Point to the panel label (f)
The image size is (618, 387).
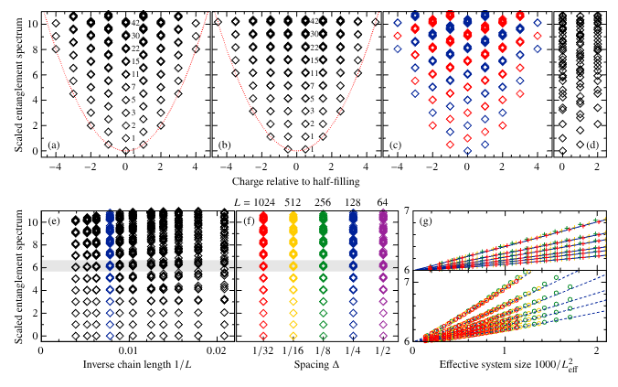click(248, 220)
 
